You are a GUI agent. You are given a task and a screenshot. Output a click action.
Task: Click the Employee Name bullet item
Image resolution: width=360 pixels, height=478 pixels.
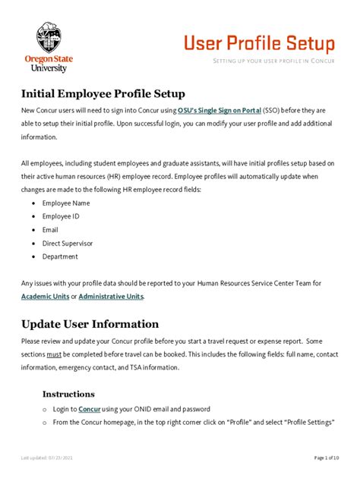pyautogui.click(x=66, y=203)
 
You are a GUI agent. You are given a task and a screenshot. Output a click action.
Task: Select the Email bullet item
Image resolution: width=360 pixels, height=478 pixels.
pyautogui.click(x=50, y=229)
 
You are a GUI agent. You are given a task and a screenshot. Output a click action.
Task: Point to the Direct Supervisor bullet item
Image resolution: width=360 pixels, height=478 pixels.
pyautogui.click(x=69, y=243)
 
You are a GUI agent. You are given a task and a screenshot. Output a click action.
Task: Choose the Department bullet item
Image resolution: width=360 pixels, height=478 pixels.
pyautogui.click(x=60, y=256)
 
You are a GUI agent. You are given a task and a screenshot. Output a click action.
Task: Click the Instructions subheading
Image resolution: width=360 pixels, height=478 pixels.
pyautogui.click(x=68, y=394)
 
